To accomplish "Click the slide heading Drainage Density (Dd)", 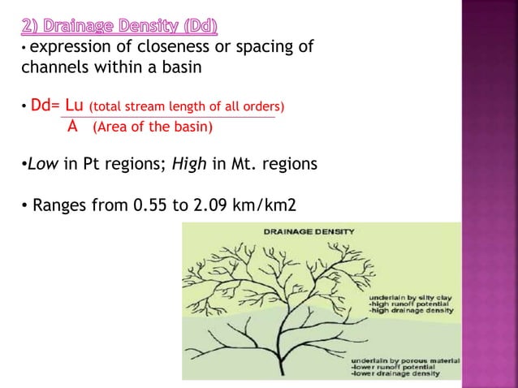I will [x=119, y=28].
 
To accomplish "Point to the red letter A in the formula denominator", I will [x=72, y=126].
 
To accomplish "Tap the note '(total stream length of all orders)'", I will [x=187, y=107].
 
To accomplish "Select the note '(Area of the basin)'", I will [x=153, y=127].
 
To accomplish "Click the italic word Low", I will [x=43, y=165].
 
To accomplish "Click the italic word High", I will [x=190, y=165].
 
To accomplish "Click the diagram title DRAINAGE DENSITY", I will [x=309, y=231].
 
